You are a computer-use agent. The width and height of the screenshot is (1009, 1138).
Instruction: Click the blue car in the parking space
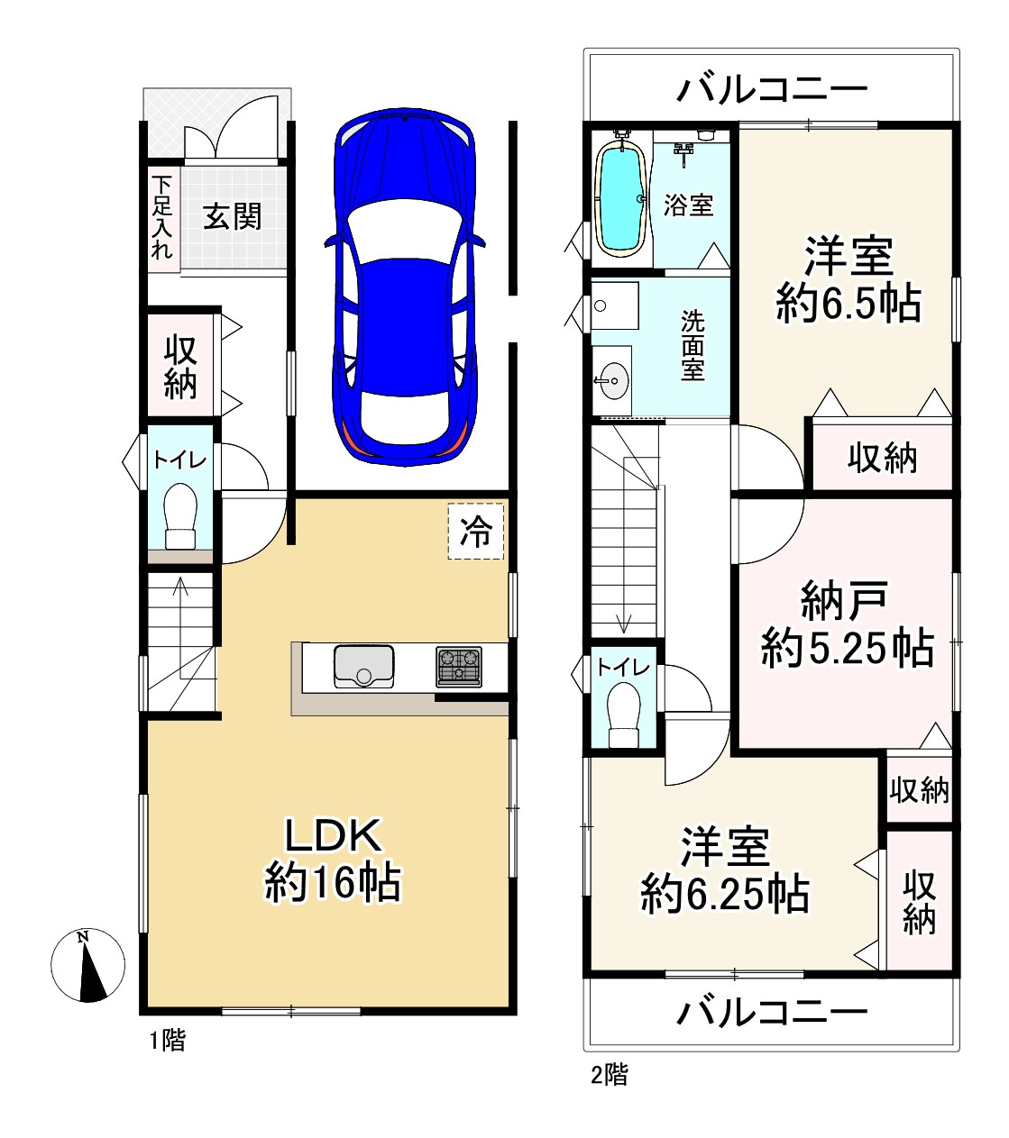405,287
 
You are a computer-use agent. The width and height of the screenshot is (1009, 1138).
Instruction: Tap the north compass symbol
87,965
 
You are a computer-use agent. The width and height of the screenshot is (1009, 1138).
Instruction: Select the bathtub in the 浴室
622,196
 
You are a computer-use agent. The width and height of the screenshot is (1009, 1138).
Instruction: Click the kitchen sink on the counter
363,666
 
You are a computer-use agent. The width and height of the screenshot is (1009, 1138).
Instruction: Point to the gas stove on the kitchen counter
459,667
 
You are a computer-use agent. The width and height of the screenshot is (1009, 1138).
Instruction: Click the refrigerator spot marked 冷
475,532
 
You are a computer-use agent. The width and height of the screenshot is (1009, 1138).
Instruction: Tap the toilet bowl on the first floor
180,516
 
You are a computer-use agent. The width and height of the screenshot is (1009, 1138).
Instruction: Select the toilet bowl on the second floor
624,715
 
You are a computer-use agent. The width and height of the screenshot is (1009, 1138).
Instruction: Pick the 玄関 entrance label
232,216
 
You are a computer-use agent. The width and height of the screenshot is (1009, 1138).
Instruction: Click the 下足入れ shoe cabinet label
162,217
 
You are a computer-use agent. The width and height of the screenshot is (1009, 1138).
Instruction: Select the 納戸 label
844,600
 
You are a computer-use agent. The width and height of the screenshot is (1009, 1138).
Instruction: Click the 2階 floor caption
610,1075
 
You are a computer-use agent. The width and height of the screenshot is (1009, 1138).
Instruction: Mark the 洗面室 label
693,345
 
